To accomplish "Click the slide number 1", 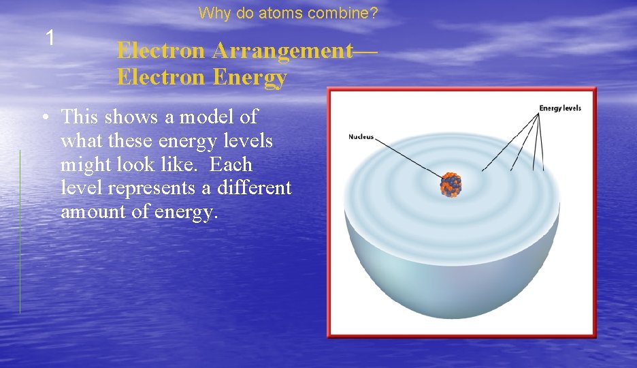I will click(x=49, y=38).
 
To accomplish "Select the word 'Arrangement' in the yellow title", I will click(x=281, y=50).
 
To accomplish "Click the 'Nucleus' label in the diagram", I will click(x=361, y=137).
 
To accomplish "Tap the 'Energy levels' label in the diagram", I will click(x=559, y=108).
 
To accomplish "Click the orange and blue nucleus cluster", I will click(x=451, y=184).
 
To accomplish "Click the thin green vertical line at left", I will click(x=20, y=232).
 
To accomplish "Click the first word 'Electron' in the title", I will click(x=161, y=50).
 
